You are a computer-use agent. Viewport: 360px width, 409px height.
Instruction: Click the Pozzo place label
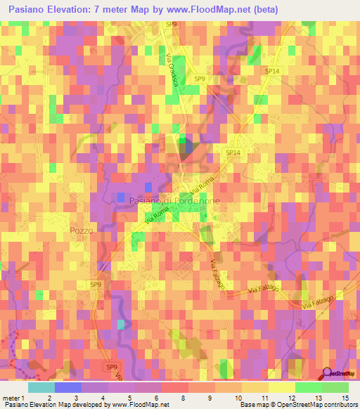(x=82, y=230)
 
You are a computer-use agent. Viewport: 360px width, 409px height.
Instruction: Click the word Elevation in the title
(x=81, y=10)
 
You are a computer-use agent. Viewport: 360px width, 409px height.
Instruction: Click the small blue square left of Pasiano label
(x=121, y=197)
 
